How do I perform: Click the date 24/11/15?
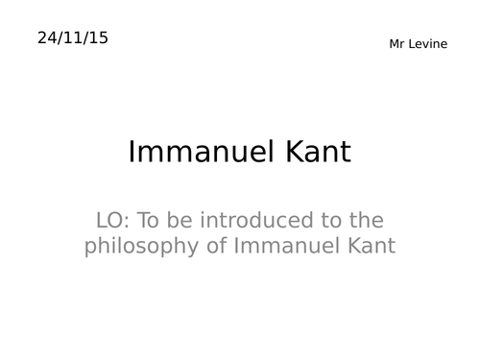(73, 38)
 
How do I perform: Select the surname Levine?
(425, 44)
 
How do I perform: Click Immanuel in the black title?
(199, 153)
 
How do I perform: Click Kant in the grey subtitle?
(371, 247)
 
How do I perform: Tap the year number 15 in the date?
(98, 38)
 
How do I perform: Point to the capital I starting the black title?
(132, 153)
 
